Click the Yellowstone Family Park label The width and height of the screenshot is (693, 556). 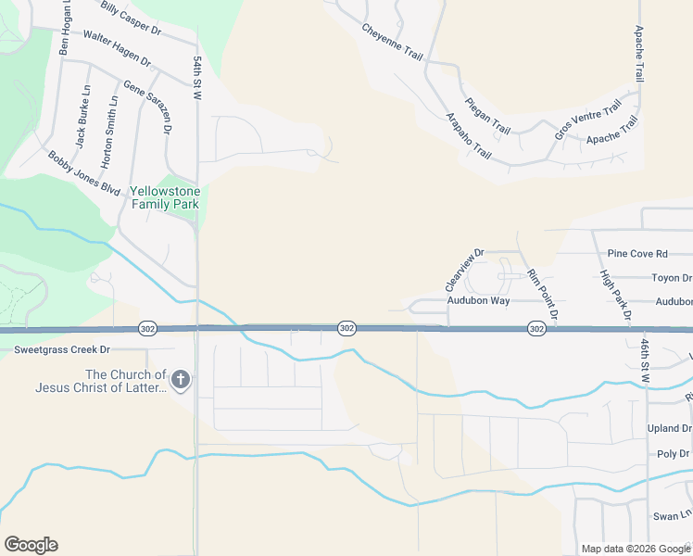(165, 197)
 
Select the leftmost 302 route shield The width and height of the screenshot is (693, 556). (147, 329)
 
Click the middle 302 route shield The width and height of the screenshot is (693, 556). (346, 329)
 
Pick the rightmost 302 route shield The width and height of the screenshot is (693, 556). (536, 329)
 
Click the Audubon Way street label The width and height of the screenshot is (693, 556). (478, 301)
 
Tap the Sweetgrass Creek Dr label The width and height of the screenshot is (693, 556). (62, 350)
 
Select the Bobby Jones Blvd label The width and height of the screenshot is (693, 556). (84, 173)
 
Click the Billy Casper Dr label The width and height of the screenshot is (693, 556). (131, 19)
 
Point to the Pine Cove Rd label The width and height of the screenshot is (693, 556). (637, 254)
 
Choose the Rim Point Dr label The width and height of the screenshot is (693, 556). (542, 294)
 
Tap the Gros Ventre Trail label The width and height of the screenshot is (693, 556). (586, 122)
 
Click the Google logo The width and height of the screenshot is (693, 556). (31, 545)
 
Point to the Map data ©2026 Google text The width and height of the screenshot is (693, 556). (635, 549)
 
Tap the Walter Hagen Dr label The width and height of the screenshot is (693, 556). (117, 47)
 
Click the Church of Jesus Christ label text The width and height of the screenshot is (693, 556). (100, 382)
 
